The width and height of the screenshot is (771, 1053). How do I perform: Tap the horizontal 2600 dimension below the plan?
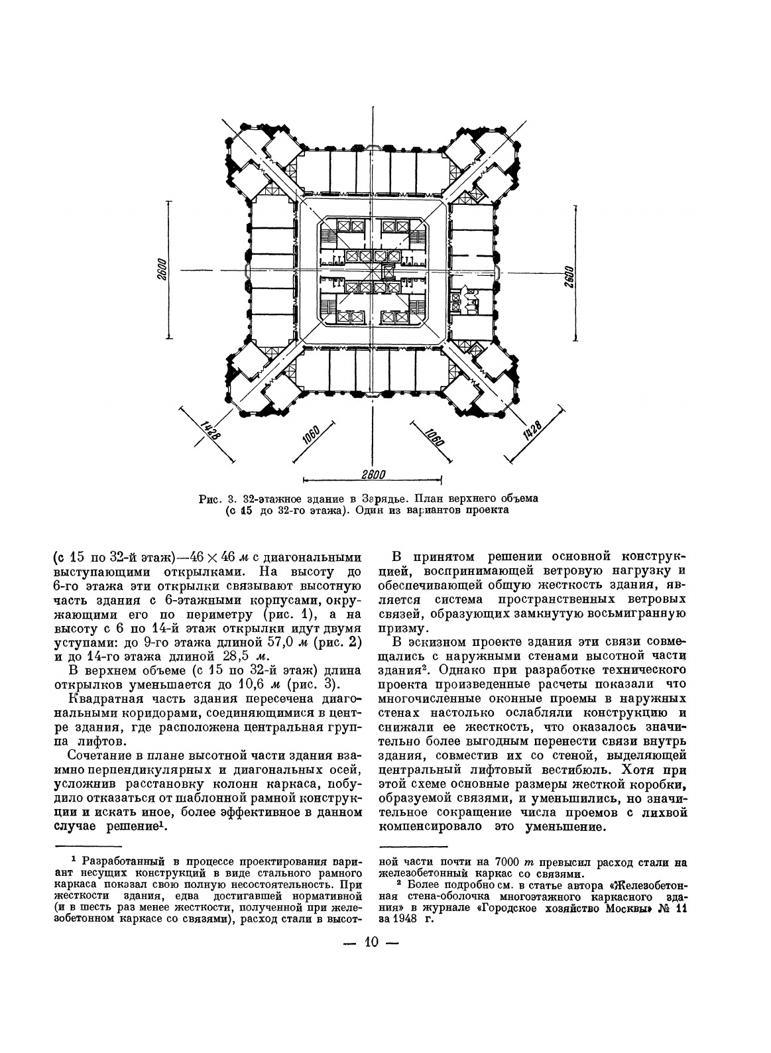click(373, 474)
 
